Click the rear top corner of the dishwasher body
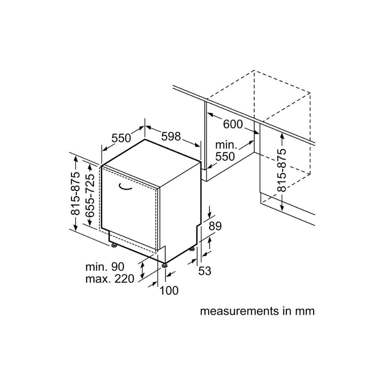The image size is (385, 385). [x=145, y=139]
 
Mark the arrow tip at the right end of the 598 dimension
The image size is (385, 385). [x=200, y=147]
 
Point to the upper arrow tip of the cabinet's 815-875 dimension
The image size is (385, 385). [x=282, y=133]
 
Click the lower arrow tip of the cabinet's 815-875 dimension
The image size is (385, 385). [x=282, y=211]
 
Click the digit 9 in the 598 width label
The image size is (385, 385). [x=171, y=136]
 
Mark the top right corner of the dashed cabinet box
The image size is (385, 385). [x=310, y=93]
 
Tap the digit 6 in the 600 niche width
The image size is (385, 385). [x=226, y=124]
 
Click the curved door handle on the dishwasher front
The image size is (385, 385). [x=125, y=186]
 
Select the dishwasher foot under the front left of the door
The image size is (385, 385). [x=114, y=245]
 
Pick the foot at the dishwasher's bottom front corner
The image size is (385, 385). [x=164, y=265]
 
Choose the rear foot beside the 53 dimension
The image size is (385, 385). [x=192, y=249]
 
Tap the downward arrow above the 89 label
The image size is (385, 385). [x=209, y=212]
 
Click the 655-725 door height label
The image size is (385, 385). [x=90, y=196]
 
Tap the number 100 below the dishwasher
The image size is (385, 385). [x=169, y=290]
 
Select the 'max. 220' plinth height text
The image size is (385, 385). [x=110, y=279]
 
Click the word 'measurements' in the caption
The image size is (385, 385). [x=239, y=311]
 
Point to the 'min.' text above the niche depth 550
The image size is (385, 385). [x=226, y=145]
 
